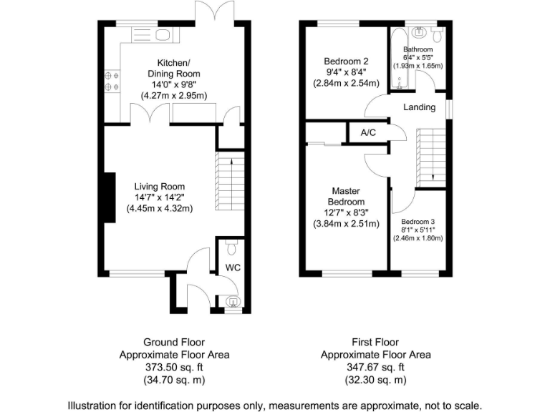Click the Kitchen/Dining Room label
pos(173,67)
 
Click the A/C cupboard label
pos(368,132)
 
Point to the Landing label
pos(419,107)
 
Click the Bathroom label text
pos(418,49)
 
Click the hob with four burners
pos(112,80)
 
